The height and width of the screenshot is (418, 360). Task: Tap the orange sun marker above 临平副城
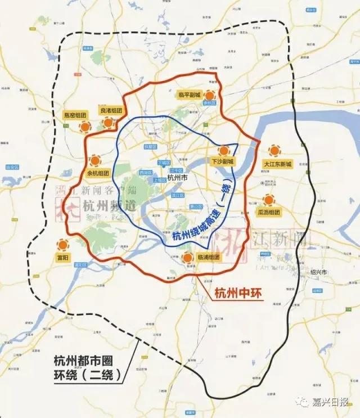pos(210,95)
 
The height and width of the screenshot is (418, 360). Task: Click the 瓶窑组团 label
pos(75,115)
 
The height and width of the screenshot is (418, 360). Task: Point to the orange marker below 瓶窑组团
pos(85,127)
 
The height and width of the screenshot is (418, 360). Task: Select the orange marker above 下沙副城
pos(224,151)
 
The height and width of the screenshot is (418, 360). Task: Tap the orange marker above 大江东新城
pos(274,150)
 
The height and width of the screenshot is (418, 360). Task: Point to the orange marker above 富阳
pos(62,245)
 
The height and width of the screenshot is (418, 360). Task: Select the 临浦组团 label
pos(209,257)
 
